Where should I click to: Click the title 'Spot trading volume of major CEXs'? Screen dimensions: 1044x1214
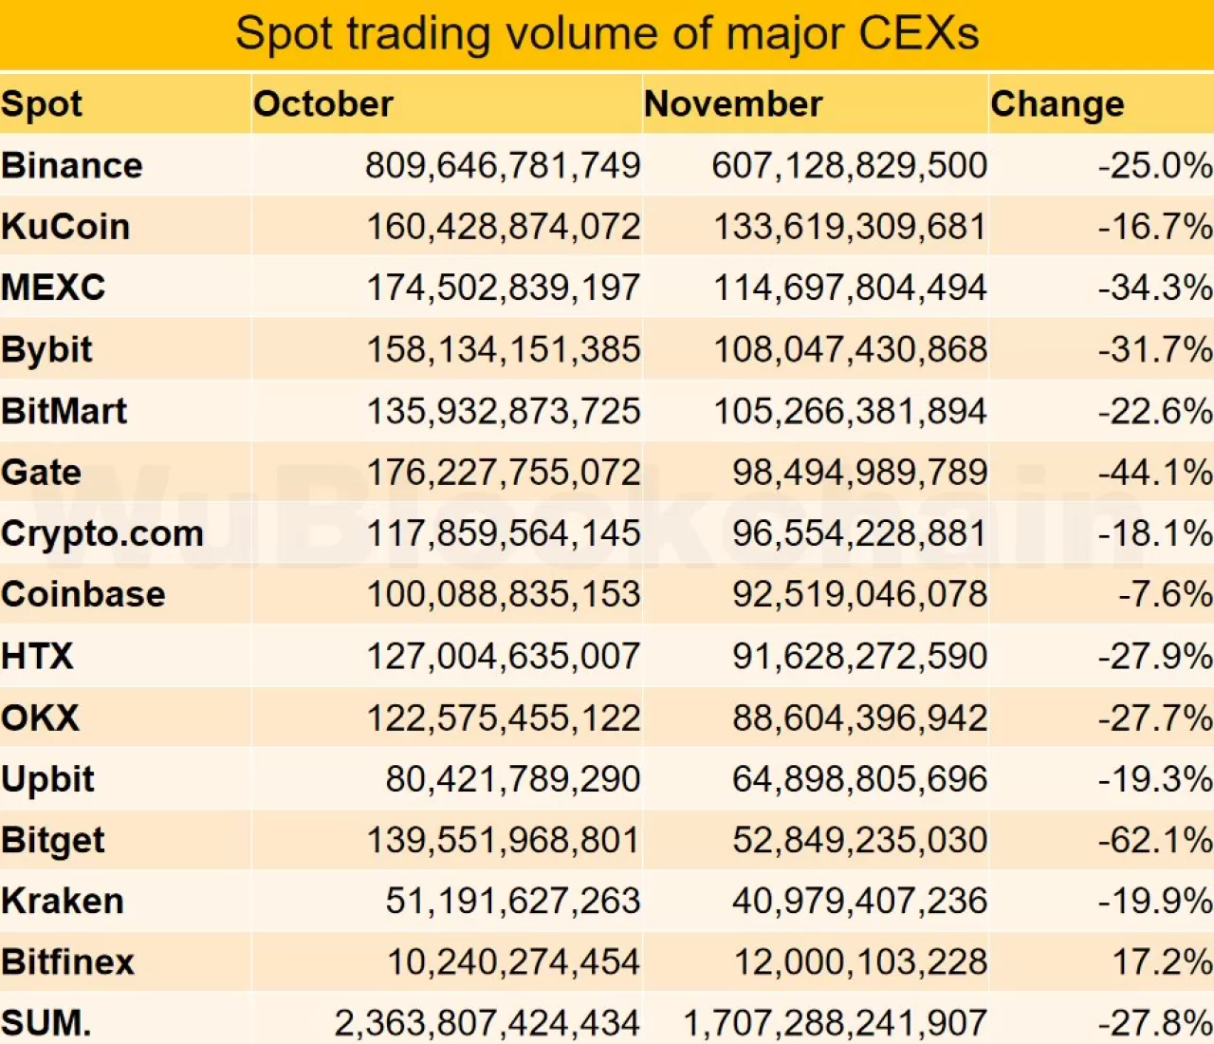point(607,34)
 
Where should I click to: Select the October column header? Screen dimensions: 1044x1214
point(323,104)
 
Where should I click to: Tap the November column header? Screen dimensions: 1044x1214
point(733,104)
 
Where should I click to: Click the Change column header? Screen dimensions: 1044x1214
point(1058,104)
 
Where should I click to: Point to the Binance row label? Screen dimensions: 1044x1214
point(72,166)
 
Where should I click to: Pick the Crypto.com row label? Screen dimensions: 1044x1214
point(102,533)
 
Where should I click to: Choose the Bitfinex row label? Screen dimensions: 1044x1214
point(68,962)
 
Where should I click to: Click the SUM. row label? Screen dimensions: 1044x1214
point(46,1023)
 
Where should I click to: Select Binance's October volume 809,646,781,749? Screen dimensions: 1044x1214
point(503,166)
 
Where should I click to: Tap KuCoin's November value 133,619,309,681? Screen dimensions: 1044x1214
point(850,227)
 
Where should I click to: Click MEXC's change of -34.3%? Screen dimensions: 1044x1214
point(1154,288)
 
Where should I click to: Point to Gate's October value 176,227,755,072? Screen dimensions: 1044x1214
point(504,473)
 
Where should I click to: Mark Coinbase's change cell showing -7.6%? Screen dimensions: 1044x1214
point(1165,595)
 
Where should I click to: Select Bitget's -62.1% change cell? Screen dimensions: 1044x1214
point(1154,841)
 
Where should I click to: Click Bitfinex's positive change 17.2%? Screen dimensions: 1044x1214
point(1162,962)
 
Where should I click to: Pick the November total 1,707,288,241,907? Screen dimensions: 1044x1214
point(835,1023)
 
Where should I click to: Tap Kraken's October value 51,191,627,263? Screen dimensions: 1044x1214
point(512,902)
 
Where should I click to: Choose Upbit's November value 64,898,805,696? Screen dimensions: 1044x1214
point(859,779)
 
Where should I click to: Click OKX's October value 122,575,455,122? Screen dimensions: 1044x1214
point(504,718)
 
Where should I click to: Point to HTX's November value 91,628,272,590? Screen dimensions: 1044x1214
point(859,657)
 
